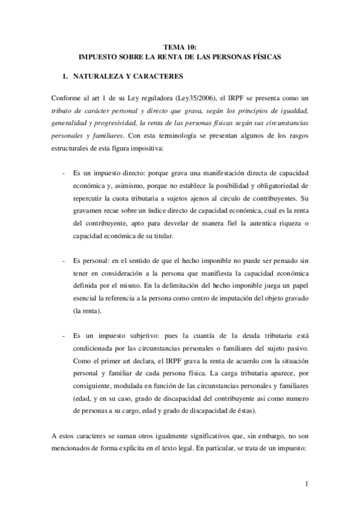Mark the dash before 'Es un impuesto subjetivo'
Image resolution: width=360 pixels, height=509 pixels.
pos(64,341)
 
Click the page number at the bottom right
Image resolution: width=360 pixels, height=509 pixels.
pos(307,484)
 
